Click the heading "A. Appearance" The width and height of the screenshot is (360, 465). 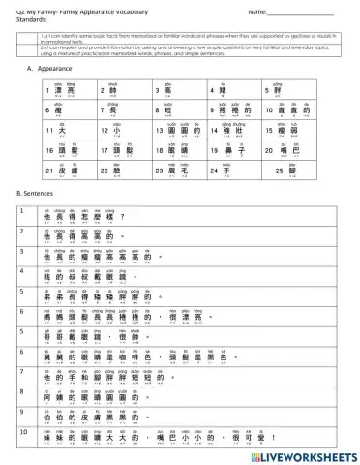45,70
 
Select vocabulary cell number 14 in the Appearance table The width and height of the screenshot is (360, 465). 235,132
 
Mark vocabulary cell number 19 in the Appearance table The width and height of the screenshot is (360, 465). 235,152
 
